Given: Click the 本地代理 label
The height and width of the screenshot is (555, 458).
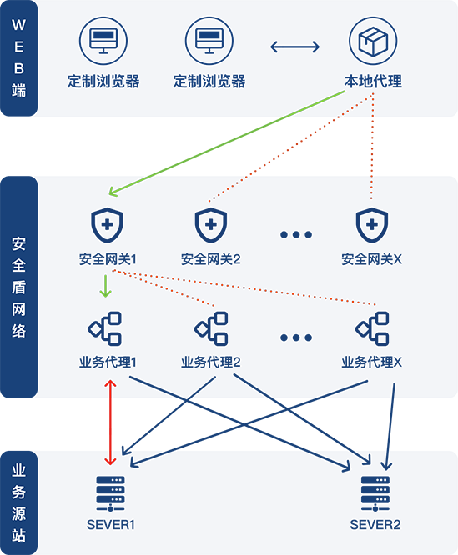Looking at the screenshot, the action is pyautogui.click(x=373, y=82).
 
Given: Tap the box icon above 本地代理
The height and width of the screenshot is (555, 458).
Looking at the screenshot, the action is pyautogui.click(x=373, y=41).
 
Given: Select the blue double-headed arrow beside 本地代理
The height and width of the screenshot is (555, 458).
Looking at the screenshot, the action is pyautogui.click(x=294, y=47).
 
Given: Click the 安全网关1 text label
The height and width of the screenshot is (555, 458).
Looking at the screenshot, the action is pyautogui.click(x=108, y=259).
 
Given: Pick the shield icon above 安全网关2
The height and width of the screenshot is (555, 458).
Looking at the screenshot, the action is pyautogui.click(x=211, y=225).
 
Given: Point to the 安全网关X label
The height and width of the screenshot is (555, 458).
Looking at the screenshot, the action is pyautogui.click(x=371, y=259).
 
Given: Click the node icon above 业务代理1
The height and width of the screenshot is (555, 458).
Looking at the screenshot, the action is pyautogui.click(x=105, y=328).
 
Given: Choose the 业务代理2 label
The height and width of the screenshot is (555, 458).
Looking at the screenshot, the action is pyautogui.click(x=211, y=362).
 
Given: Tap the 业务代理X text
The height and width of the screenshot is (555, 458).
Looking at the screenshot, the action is pyautogui.click(x=371, y=362).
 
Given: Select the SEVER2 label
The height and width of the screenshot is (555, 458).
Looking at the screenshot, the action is pyautogui.click(x=375, y=524).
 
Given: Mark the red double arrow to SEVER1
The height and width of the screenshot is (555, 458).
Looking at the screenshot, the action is pyautogui.click(x=110, y=422).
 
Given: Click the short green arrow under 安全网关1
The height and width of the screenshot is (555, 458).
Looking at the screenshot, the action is pyautogui.click(x=106, y=286).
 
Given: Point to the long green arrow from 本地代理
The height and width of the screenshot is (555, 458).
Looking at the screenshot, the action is pyautogui.click(x=227, y=143).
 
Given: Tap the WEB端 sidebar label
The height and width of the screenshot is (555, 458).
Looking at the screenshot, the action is pyautogui.click(x=19, y=58).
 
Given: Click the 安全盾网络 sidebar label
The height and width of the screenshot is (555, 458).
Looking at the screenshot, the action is pyautogui.click(x=19, y=287).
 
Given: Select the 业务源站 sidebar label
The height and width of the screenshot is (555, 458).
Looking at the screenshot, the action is pyautogui.click(x=19, y=502).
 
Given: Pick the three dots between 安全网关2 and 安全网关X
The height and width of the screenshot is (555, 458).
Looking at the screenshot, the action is pyautogui.click(x=296, y=234).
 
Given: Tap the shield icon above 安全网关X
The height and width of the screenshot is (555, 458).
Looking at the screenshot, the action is pyautogui.click(x=372, y=225).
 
